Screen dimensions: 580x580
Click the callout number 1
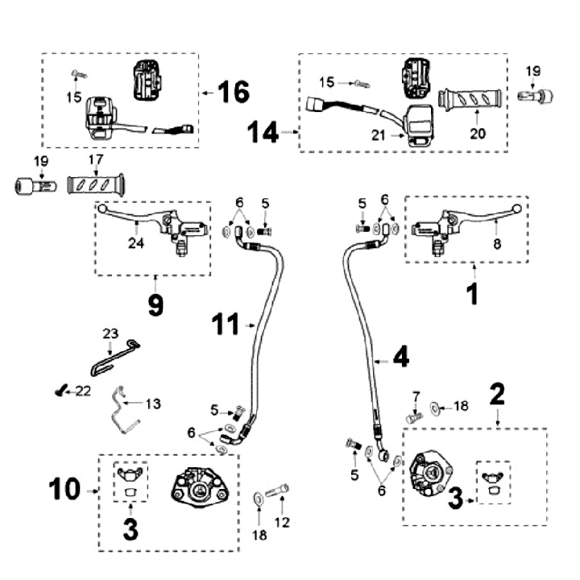pos(474,294)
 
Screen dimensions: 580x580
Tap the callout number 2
pos(497,395)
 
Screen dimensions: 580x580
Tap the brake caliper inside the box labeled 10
pos(194,487)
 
